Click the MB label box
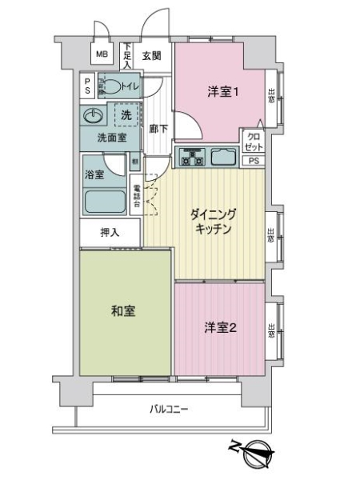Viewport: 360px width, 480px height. [x=102, y=54]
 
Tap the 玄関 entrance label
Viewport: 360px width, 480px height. [x=152, y=56]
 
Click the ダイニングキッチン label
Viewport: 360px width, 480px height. [x=211, y=222]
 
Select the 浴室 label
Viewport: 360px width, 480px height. [x=94, y=174]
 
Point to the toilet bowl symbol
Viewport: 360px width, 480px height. [x=115, y=86]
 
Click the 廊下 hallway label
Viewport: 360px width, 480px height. [x=158, y=128]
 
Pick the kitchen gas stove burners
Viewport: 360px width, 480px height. [x=193, y=158]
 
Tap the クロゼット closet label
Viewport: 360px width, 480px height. [x=252, y=142]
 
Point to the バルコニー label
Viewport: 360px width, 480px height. [x=169, y=410]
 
